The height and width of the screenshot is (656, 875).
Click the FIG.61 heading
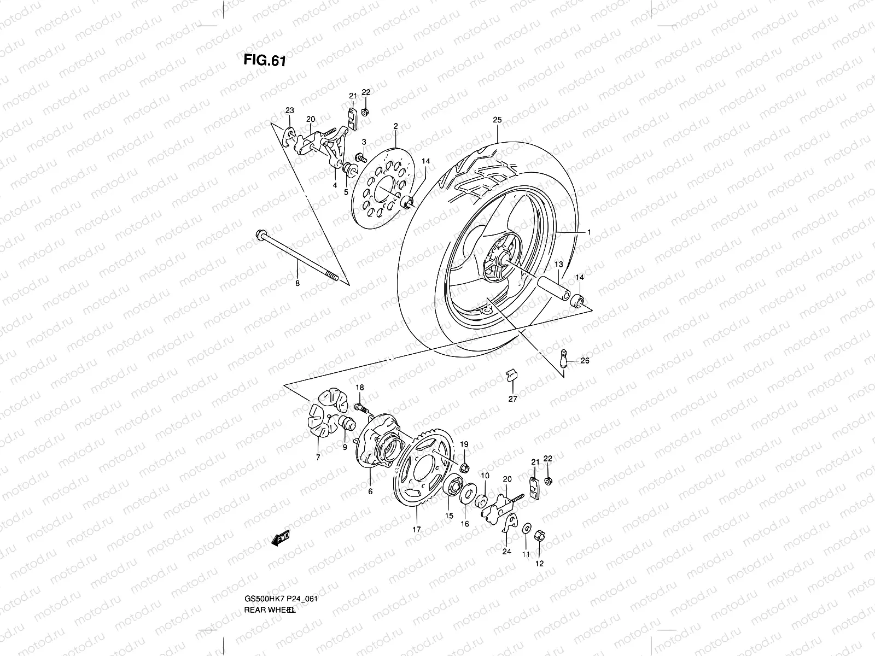pos(265,60)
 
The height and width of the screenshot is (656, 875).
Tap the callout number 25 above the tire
pos(497,120)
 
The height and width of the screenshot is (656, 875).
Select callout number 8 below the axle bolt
pos(297,283)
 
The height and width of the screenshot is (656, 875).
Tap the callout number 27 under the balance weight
pos(512,399)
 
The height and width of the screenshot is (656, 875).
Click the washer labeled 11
pos(526,529)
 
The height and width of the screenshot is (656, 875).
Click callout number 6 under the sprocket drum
pos(370,491)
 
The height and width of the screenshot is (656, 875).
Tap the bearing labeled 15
pos(453,487)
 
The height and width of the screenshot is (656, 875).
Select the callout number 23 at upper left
pos(289,110)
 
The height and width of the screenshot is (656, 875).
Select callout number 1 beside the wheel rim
pos(589,232)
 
